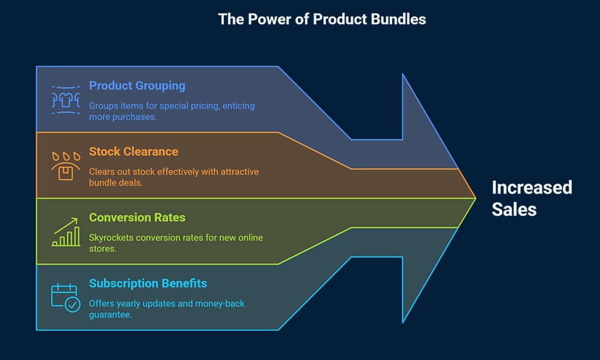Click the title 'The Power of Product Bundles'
322,19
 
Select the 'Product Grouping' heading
137,86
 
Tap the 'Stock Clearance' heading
133,151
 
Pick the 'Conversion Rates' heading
137,218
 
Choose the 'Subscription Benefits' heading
148,284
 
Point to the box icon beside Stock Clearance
65,167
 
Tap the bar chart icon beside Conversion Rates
65,233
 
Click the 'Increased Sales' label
531,198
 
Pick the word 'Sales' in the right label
514,209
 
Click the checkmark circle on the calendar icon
73,305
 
